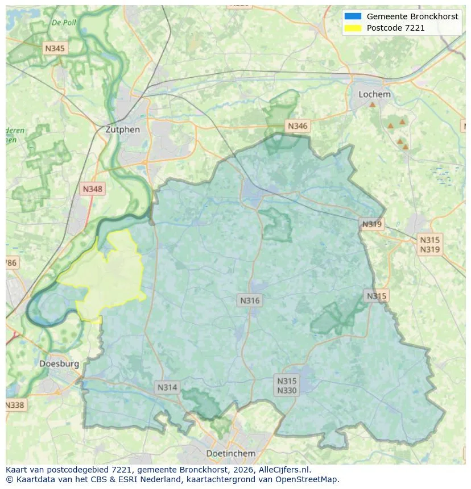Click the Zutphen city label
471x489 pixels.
[122, 129]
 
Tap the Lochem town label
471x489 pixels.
[374, 94]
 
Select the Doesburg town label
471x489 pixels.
[59, 363]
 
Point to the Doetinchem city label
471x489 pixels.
[230, 453]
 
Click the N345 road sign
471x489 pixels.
[55, 49]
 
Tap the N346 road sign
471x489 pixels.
[298, 126]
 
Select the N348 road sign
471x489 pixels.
[93, 189]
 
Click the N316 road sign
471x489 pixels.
[250, 301]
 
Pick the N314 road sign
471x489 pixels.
[167, 387]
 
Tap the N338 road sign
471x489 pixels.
[15, 405]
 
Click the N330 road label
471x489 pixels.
[287, 391]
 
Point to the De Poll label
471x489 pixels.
[63, 23]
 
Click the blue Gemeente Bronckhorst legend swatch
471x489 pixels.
[353, 16]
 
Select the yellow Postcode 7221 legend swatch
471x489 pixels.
[353, 28]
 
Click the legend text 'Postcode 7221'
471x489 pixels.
[395, 28]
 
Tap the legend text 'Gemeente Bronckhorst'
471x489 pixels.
[412, 16]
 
